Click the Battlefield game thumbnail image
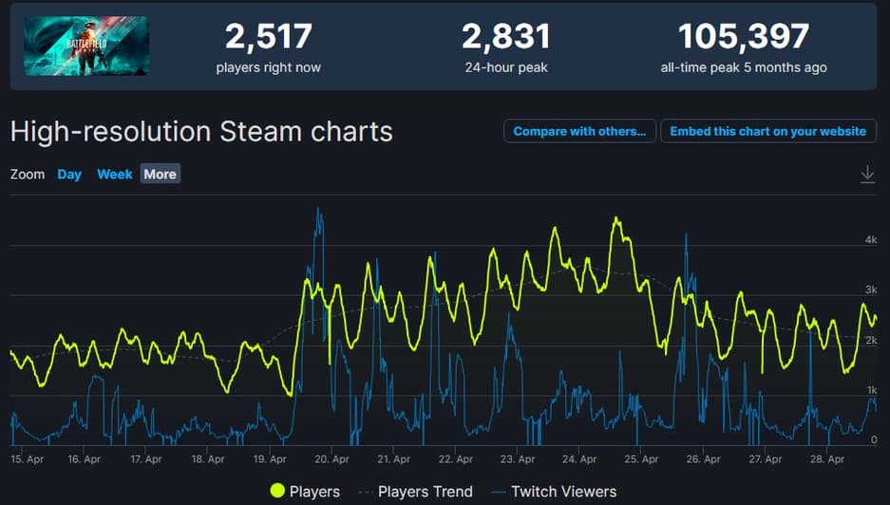[x=85, y=46]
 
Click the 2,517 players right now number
[x=269, y=37]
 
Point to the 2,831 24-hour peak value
[x=506, y=37]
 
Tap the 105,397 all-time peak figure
[x=743, y=37]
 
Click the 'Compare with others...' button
[x=579, y=132]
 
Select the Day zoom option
[x=69, y=175]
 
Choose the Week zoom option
[x=115, y=175]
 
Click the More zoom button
[x=160, y=175]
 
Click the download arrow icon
[x=867, y=175]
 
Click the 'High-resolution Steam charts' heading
[x=201, y=131]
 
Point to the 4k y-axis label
[x=870, y=240]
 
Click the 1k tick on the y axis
[x=871, y=390]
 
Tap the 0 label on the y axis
[x=874, y=440]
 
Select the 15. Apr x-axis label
[x=29, y=459]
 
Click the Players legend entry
[x=305, y=492]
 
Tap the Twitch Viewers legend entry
[x=555, y=492]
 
